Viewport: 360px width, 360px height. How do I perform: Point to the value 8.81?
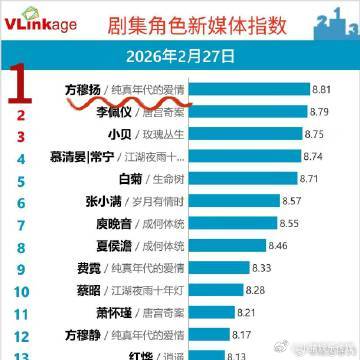pos(321,89)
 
